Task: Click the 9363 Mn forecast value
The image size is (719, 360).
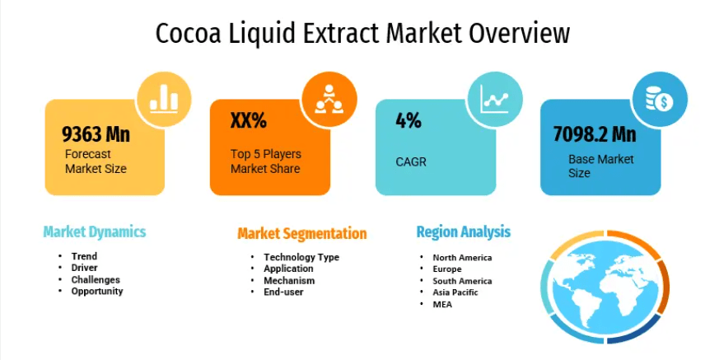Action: (x=96, y=134)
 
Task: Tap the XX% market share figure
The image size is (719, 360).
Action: (x=248, y=120)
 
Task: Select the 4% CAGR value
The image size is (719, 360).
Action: (x=409, y=120)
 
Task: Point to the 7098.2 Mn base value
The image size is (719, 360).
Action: (x=595, y=134)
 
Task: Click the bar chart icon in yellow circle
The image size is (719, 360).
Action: (x=164, y=100)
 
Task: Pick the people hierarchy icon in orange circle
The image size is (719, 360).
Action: (x=329, y=99)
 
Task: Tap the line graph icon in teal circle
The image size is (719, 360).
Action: (x=494, y=99)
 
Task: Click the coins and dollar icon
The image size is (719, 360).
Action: (x=660, y=99)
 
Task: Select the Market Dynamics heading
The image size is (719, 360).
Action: (x=95, y=231)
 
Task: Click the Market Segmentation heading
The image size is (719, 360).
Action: (x=302, y=233)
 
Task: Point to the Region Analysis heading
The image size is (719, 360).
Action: (x=463, y=231)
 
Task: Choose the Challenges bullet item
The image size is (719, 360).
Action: (x=96, y=280)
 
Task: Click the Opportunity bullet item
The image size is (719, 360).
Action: (x=96, y=291)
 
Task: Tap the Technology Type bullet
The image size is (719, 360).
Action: (x=301, y=257)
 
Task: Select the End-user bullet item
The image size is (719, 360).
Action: (x=283, y=292)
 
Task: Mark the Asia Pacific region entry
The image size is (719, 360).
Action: (x=455, y=292)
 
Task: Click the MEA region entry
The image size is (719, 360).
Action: (x=442, y=304)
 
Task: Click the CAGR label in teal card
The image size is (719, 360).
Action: (x=411, y=162)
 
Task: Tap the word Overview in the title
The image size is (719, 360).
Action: (x=518, y=33)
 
